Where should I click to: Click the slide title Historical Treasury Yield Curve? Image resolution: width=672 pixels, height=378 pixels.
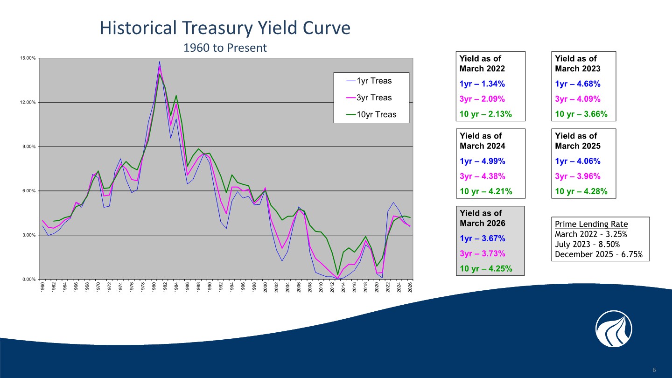pos(224,28)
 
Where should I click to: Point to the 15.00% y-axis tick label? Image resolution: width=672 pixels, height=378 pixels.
pos(28,58)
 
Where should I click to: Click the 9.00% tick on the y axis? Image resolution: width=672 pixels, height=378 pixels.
pos(28,147)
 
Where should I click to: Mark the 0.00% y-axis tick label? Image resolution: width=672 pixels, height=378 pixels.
pos(28,279)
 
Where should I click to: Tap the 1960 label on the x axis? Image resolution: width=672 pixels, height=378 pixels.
pos(43,287)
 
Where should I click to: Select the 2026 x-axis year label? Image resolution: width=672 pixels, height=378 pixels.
pos(410,287)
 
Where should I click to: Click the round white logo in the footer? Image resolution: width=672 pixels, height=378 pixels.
pos(614,329)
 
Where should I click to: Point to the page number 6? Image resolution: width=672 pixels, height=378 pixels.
pos(654,370)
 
